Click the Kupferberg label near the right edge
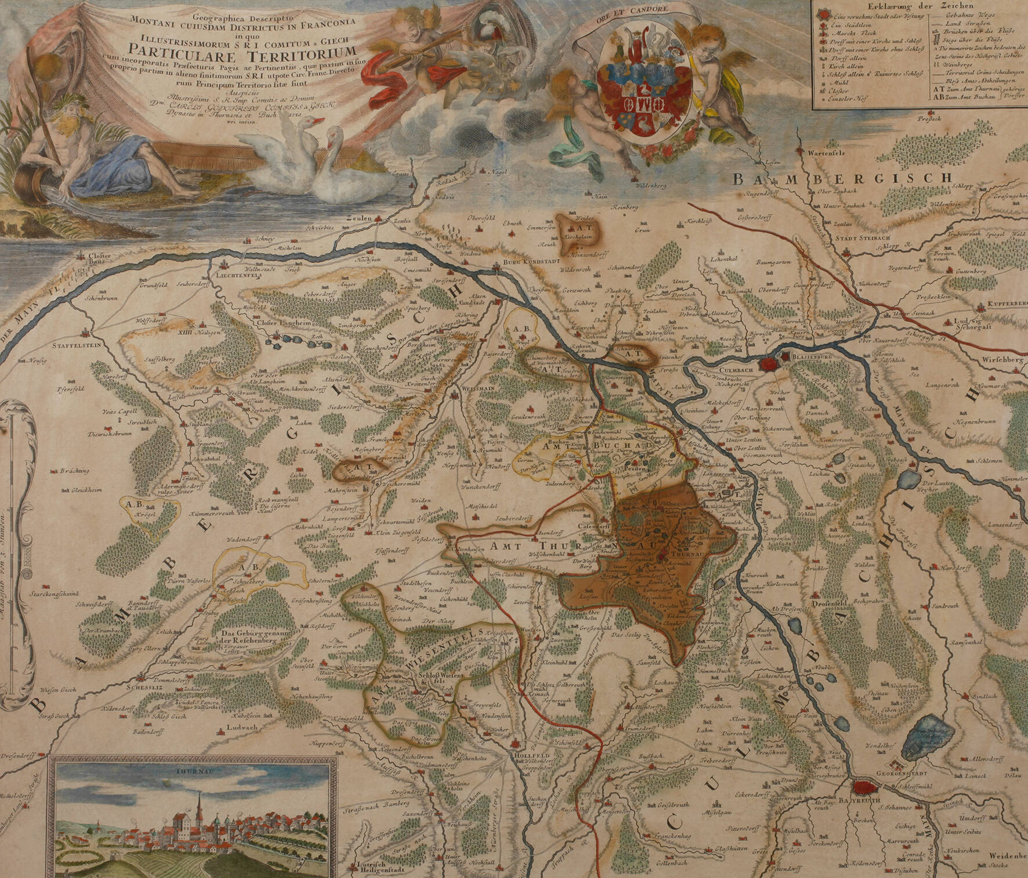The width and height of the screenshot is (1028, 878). pyautogui.click(x=1008, y=304)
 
